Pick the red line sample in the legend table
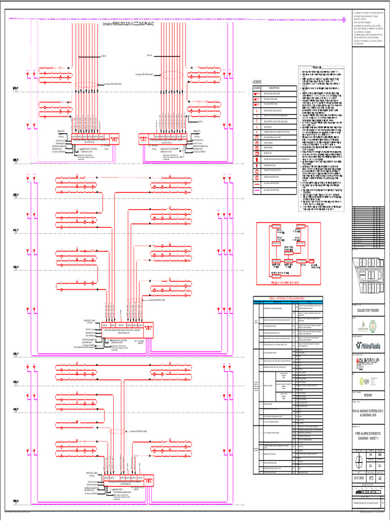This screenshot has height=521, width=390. pos(257,196)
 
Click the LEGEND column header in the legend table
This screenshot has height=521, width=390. pos(257,88)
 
